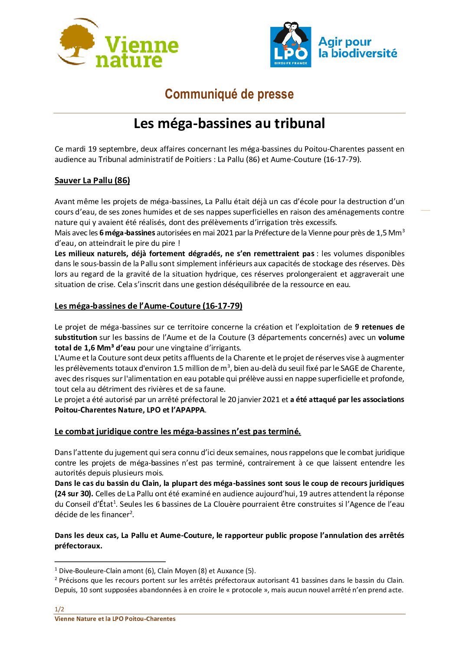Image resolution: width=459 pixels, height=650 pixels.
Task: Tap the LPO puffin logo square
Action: (290, 44)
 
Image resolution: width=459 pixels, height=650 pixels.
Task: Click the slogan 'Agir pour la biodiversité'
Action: (357, 47)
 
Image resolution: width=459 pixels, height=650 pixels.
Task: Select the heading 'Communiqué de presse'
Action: (229, 94)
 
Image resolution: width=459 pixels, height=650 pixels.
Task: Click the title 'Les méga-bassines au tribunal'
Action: (229, 123)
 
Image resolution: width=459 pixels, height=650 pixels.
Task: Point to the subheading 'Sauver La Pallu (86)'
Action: (92, 181)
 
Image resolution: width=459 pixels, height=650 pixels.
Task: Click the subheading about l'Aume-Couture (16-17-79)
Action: (148, 306)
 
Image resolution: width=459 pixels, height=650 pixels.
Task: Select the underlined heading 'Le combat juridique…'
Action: (177, 432)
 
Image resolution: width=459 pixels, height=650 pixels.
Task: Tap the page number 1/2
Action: (59, 609)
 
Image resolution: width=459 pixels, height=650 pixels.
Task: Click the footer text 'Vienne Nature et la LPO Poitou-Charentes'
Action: (115, 619)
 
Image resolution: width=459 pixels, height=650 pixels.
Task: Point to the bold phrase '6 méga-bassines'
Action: (127, 233)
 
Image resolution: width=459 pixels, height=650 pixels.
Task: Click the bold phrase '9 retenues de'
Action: (379, 327)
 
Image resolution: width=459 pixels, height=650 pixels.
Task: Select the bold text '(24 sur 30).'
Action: (74, 494)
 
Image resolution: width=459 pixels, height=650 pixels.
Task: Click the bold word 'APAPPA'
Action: (189, 410)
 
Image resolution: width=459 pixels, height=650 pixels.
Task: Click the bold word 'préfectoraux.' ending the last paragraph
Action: (79, 546)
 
